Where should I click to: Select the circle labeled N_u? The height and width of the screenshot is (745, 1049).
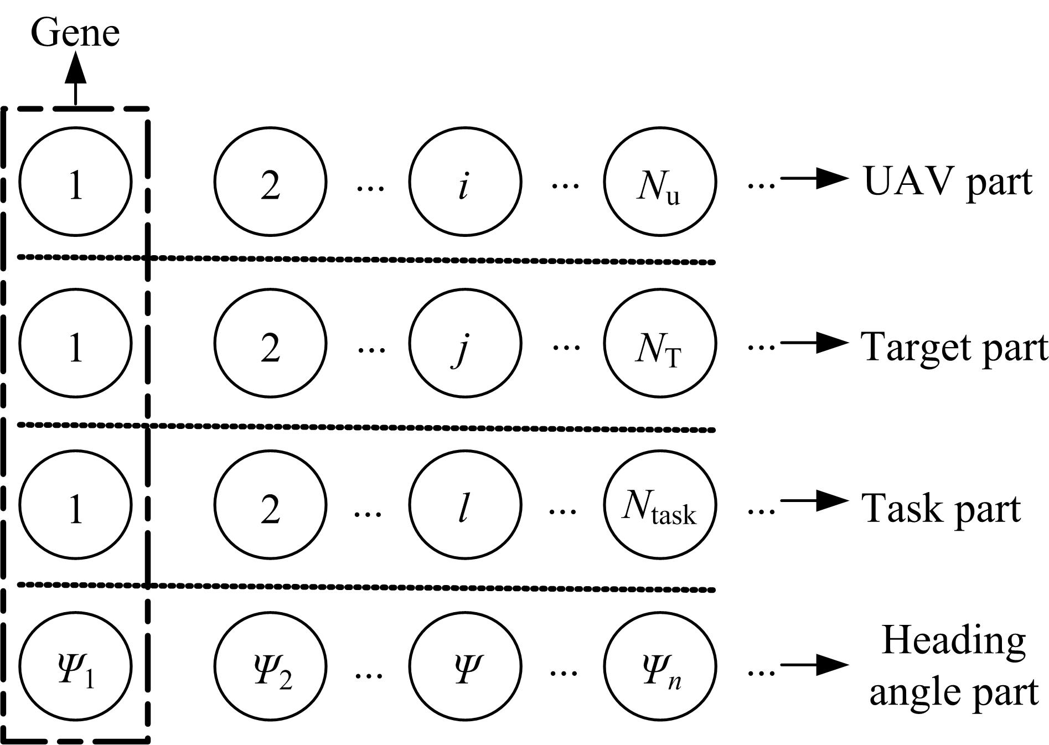(x=660, y=182)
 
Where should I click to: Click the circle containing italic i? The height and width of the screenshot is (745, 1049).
(x=465, y=182)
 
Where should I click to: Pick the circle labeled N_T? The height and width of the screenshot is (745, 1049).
(x=660, y=343)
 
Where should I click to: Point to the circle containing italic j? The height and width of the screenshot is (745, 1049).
(x=465, y=343)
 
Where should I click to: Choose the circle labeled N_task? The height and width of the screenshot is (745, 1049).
(x=660, y=505)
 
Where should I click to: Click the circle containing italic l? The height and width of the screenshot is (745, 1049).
(x=465, y=505)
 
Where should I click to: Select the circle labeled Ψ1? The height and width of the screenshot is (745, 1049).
(x=75, y=666)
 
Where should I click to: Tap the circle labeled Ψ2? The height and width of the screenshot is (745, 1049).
(x=270, y=666)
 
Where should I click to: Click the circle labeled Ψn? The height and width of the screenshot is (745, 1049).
(x=660, y=666)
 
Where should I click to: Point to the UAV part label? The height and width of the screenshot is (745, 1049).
(x=948, y=182)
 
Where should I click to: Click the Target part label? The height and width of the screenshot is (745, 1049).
(x=954, y=347)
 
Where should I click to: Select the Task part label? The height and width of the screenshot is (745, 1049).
(x=941, y=508)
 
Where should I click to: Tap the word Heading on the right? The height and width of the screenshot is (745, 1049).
(x=953, y=640)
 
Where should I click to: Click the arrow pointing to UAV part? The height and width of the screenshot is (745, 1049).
(x=814, y=178)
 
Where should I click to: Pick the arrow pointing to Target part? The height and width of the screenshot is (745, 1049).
(x=814, y=343)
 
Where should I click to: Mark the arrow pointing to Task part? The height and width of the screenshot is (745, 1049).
(x=814, y=501)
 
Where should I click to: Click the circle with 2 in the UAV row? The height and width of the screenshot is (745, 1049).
(x=270, y=182)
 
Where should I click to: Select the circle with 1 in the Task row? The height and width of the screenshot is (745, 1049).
(x=75, y=505)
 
